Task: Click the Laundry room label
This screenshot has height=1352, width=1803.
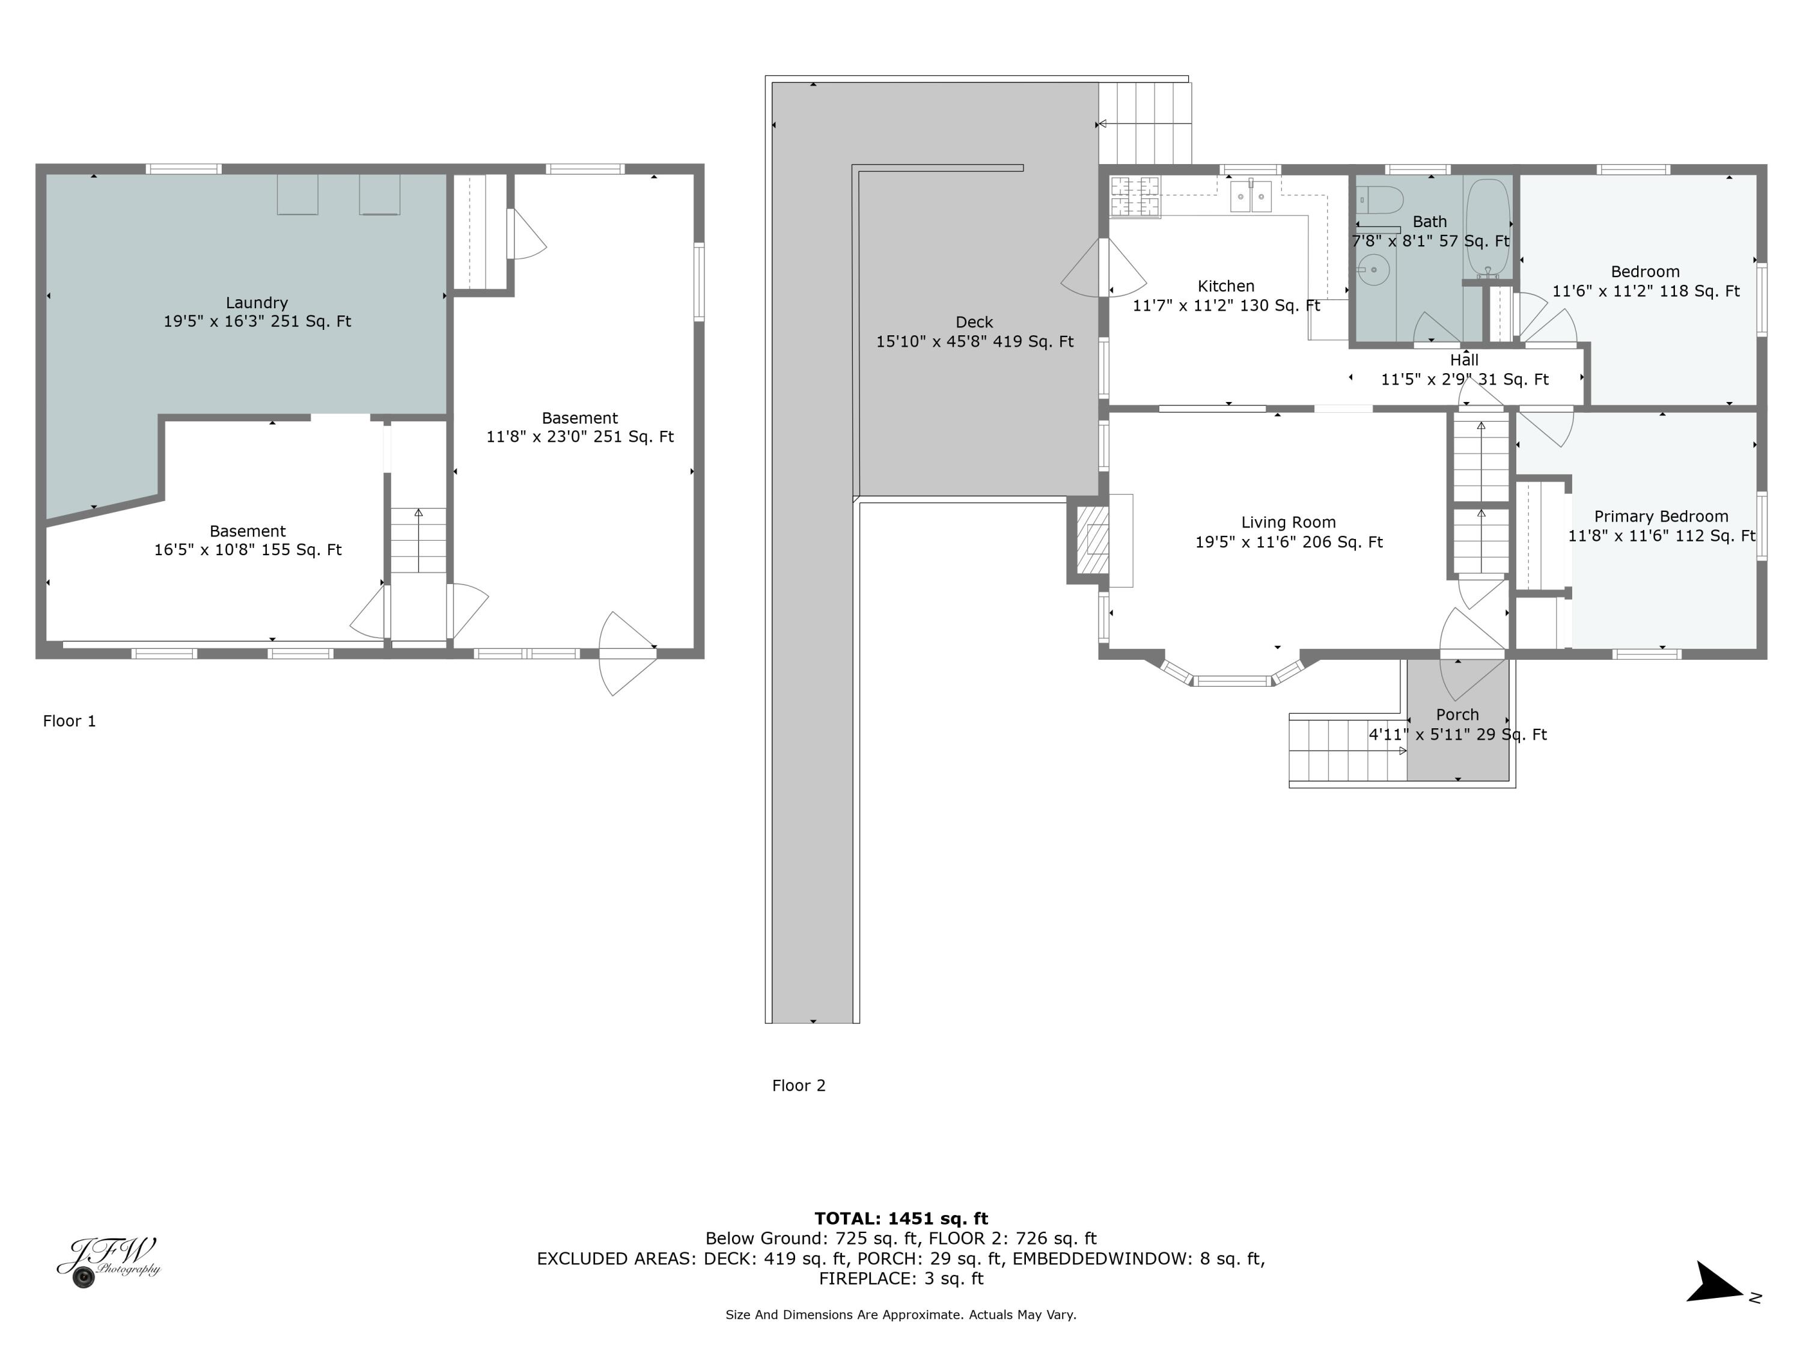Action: coord(257,302)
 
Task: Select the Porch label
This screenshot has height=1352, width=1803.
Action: coord(1457,714)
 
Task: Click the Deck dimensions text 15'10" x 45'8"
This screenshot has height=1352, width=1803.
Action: coord(974,343)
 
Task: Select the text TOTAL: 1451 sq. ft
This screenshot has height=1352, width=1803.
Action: coord(901,1219)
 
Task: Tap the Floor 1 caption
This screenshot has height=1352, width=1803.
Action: coord(69,721)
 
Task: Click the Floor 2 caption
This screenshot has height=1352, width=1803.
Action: coord(799,1086)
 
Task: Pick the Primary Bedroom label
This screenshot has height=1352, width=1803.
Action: coord(1661,517)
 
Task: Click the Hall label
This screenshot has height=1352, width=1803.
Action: coord(1464,360)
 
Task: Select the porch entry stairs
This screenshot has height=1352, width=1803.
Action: coord(1347,750)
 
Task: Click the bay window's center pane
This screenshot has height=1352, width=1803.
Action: coord(1233,680)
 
